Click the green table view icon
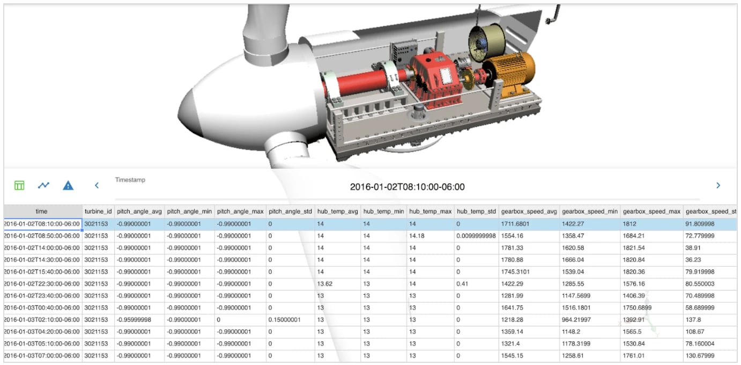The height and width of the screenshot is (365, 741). [x=19, y=185]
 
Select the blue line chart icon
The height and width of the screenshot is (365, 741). [x=43, y=185]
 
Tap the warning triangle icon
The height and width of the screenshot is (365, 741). [x=68, y=186]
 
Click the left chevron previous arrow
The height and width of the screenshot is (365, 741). [x=97, y=185]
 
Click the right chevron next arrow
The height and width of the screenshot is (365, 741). [x=718, y=185]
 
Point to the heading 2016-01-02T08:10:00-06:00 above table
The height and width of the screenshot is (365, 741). [x=407, y=187]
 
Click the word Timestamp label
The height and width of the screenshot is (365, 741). [x=130, y=180]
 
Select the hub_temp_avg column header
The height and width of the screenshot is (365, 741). [x=337, y=211]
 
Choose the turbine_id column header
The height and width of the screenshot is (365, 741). [x=98, y=211]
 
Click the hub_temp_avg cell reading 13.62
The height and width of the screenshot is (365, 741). [x=325, y=283]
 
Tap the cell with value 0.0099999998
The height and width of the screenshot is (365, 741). [x=476, y=236]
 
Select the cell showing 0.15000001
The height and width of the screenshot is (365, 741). [x=285, y=319]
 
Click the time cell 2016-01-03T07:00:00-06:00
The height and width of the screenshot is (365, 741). [x=42, y=355]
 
